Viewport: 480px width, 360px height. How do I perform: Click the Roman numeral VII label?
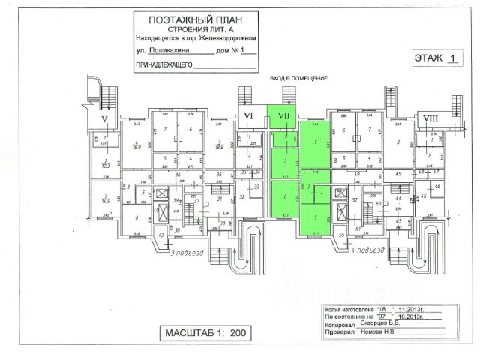(284, 116)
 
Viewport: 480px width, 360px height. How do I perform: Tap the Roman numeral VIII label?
(430, 118)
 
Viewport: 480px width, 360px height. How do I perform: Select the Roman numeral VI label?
(247, 116)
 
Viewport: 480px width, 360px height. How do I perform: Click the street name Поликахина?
(168, 52)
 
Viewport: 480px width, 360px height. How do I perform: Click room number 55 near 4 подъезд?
(342, 235)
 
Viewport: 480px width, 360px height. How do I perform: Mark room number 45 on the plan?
(424, 196)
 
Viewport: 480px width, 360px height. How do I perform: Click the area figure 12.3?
(106, 165)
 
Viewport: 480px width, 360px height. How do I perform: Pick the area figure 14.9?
(106, 201)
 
